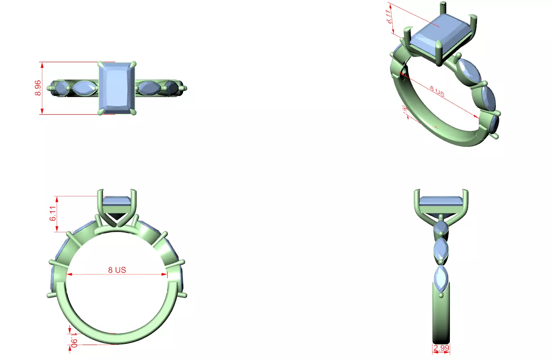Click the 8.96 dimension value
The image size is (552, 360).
38,88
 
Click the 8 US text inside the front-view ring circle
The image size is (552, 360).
118,270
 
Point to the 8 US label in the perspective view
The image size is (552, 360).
437,93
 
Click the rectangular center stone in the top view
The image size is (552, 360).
117,88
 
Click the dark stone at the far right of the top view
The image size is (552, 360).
171,88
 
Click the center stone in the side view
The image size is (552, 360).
441,201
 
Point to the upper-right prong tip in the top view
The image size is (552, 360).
134,63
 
